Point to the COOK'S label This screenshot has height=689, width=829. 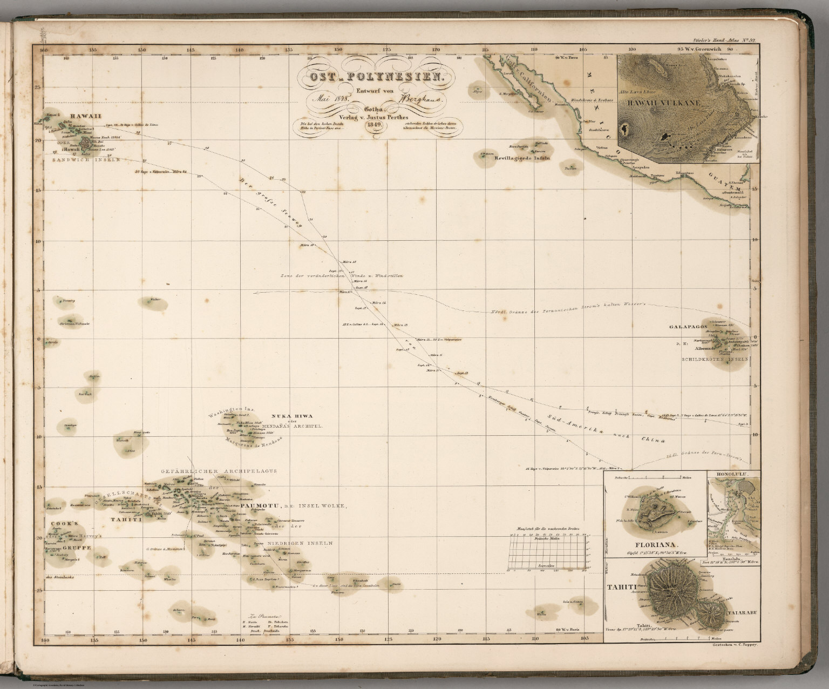point(65,523)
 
